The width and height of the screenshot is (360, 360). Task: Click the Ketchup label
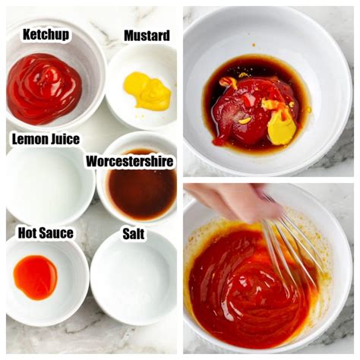click(46, 35)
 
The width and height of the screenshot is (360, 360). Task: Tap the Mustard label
click(147, 36)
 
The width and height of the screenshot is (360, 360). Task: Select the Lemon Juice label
click(45, 139)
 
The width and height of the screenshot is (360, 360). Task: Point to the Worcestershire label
click(129, 161)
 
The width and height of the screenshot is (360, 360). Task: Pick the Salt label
click(134, 234)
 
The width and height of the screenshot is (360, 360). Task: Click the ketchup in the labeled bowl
click(43, 87)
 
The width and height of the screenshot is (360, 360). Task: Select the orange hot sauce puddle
click(36, 276)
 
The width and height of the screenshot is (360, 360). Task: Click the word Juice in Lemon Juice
click(64, 139)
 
